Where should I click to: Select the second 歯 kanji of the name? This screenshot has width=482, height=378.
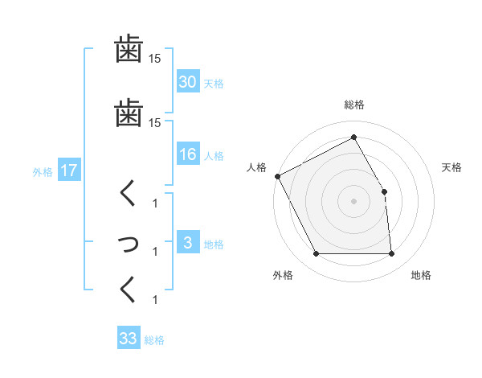tap(129, 112)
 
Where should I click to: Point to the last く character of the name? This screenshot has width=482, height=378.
tap(129, 290)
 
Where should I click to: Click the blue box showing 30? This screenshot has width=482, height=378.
tap(188, 82)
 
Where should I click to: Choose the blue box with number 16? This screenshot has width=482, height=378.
tap(188, 155)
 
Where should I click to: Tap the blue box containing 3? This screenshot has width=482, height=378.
tap(188, 243)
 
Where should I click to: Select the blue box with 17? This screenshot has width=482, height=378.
tap(69, 171)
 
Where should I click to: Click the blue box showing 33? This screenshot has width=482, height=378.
tap(129, 339)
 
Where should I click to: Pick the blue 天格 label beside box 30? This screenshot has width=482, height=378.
tap(214, 83)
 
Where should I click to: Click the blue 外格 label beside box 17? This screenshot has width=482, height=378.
tap(43, 172)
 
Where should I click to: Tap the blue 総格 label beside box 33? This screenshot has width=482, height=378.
tap(154, 340)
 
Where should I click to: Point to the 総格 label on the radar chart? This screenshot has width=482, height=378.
tap(354, 105)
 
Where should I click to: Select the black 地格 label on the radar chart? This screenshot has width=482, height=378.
tap(421, 275)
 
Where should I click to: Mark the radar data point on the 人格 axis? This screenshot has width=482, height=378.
tap(278, 176)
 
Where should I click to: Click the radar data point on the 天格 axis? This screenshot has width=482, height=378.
tap(384, 191)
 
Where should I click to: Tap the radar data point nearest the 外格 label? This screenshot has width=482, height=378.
tap(316, 254)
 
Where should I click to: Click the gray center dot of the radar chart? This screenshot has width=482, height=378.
tap(354, 201)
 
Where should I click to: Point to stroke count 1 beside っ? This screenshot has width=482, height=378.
tap(156, 252)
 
